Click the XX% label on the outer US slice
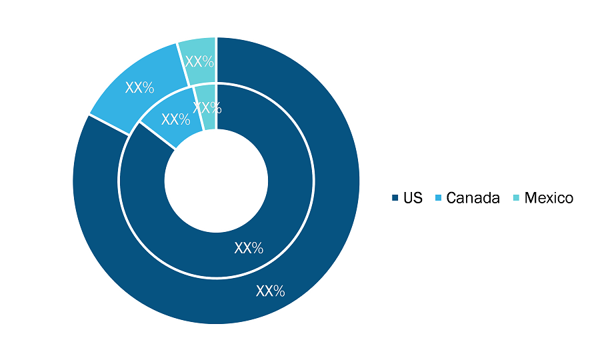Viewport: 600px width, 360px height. coord(270,291)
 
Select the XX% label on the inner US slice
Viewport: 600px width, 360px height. coord(249,248)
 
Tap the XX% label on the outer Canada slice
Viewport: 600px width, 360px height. coord(140,88)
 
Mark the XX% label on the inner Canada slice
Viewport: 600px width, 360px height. coord(175,120)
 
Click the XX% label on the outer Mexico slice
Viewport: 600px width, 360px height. coord(199,61)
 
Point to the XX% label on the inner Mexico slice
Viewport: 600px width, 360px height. coord(207,108)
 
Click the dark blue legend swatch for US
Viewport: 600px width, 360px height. coord(395,198)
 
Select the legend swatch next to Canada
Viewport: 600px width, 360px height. coord(439,198)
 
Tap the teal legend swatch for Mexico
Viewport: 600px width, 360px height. coord(516,198)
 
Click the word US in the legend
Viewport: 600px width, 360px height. coord(413,198)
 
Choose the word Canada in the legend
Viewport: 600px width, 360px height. coord(473,198)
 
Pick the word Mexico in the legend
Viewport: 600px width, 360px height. coord(549,198)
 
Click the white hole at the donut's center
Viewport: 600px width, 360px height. coord(216,181)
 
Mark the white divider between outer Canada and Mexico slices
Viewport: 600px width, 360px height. coord(183,64)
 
